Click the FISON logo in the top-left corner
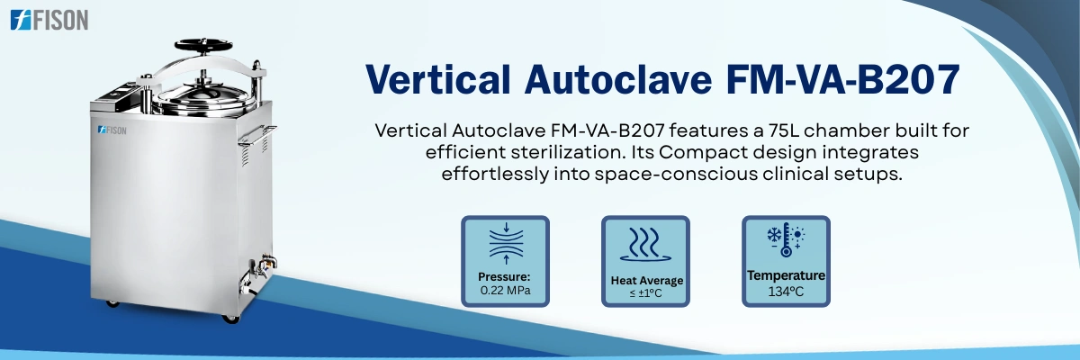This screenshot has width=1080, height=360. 49,20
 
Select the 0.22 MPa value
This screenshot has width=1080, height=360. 504,291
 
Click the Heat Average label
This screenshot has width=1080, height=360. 645,281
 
